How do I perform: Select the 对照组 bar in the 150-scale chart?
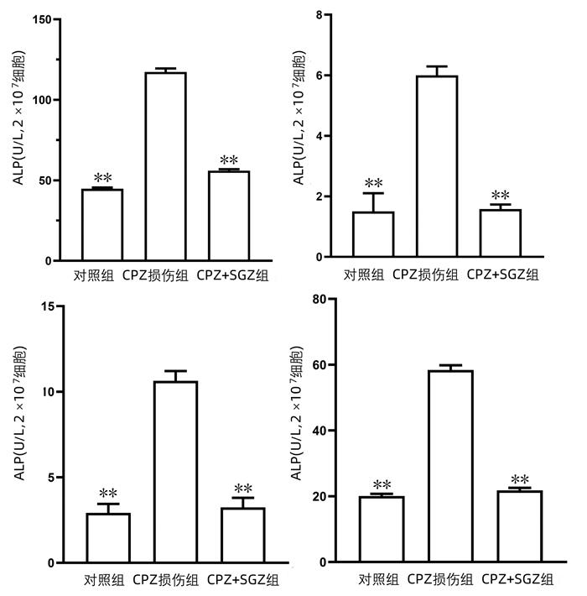(102, 225)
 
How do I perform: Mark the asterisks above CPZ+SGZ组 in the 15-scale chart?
(243, 489)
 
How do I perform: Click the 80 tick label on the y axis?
(318, 299)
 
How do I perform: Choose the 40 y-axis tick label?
(318, 431)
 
